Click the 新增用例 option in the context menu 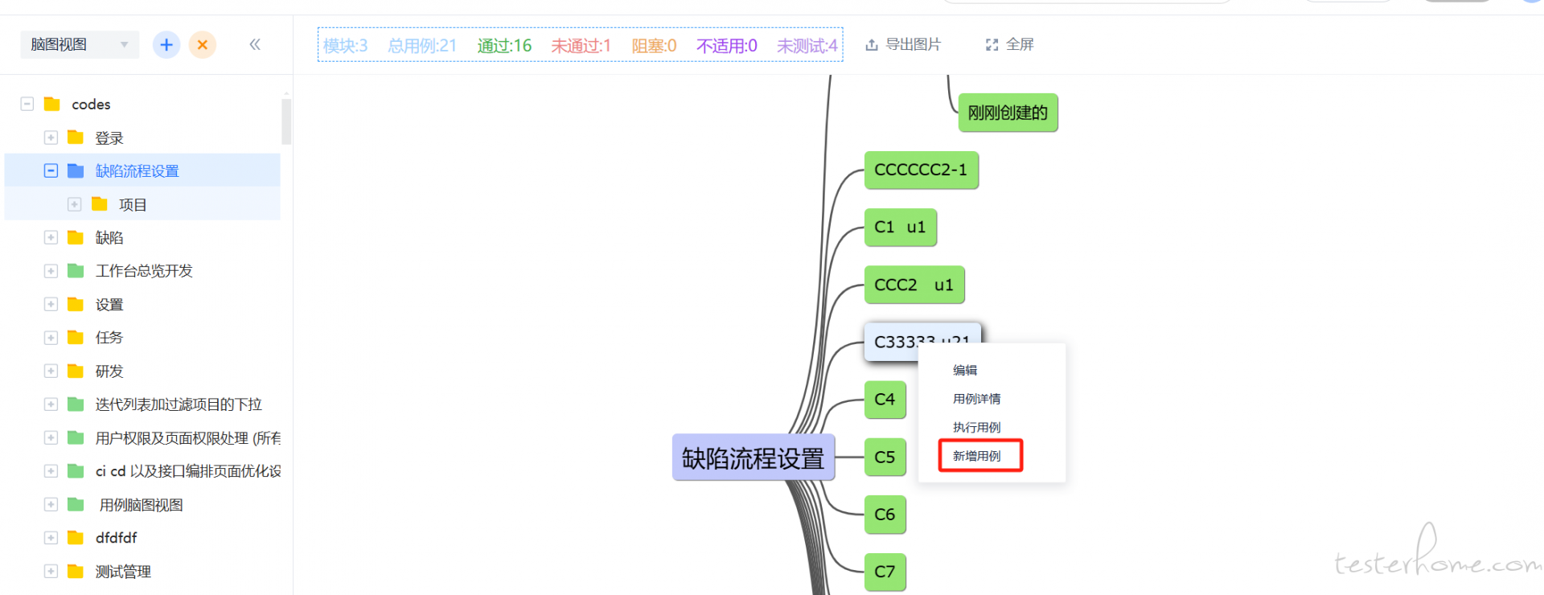(977, 456)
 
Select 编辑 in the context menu (965, 371)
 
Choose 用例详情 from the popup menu (976, 399)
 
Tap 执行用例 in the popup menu (976, 428)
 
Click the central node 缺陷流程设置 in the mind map (753, 458)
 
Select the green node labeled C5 (885, 458)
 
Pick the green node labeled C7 (885, 572)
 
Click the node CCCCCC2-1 (921, 170)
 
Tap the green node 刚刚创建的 (1008, 113)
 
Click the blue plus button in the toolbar (166, 45)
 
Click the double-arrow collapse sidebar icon (255, 45)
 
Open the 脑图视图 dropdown (79, 45)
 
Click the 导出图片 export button (903, 45)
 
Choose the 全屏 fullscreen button (1010, 45)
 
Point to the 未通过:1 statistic (581, 46)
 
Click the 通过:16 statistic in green (504, 46)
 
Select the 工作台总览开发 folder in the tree (144, 271)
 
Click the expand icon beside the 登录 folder (51, 137)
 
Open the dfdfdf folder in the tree (116, 538)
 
